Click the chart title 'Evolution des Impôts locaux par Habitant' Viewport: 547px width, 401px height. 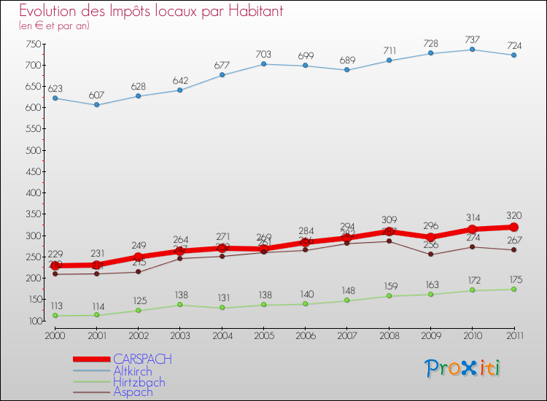[x=151, y=12]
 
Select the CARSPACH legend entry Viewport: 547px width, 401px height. [x=142, y=359]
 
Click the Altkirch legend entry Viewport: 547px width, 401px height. [x=132, y=371]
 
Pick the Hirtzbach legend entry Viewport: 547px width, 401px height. [x=139, y=382]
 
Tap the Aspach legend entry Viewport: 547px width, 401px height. [x=133, y=392]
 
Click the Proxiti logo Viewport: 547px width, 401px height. [x=463, y=368]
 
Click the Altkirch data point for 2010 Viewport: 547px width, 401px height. [x=472, y=50]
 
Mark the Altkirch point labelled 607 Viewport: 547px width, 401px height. [x=96, y=105]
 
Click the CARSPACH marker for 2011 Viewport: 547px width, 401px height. [x=513, y=227]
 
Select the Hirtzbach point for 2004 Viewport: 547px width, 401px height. [x=222, y=308]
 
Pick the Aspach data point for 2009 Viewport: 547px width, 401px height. [x=430, y=254]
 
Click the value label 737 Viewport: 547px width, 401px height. [x=472, y=39]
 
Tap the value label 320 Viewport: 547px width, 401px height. [x=513, y=215]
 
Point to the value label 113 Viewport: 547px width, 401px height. [x=55, y=306]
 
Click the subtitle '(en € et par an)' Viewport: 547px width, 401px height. [x=54, y=26]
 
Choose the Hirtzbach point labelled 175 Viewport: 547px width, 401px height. [x=513, y=289]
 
